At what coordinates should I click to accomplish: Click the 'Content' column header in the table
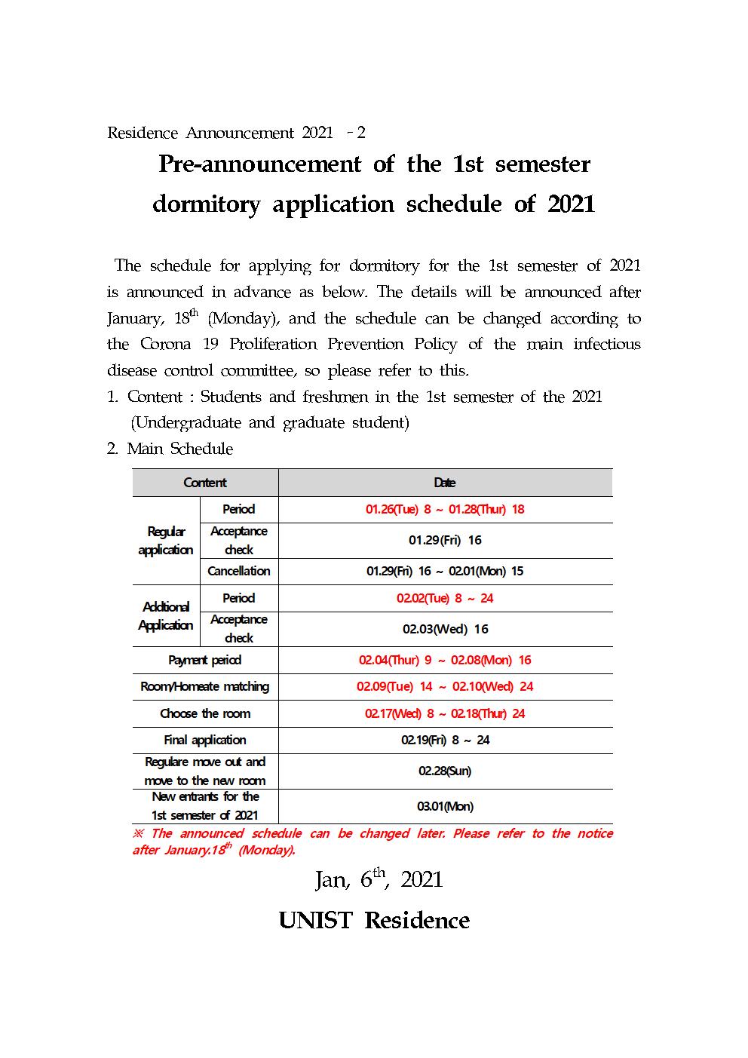(205, 483)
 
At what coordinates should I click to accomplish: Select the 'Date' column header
(445, 483)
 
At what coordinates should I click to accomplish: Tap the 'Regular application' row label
(166, 541)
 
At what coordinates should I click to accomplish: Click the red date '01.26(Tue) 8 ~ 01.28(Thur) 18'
(445, 509)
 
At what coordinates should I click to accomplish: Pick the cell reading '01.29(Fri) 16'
(445, 540)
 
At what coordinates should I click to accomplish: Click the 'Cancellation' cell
(239, 571)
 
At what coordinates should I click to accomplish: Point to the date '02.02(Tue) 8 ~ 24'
(445, 598)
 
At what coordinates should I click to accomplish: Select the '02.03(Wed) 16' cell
(445, 629)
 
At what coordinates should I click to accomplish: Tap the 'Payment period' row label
(205, 660)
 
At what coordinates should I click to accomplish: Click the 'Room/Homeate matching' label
(205, 686)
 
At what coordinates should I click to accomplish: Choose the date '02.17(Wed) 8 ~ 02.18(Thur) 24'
(445, 713)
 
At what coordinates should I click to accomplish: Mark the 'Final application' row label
(205, 740)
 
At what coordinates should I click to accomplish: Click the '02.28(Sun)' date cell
(445, 771)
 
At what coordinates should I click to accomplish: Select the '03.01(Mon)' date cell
(445, 806)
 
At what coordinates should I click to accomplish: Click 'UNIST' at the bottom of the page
(315, 920)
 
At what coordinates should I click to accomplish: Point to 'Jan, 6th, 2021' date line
(379, 879)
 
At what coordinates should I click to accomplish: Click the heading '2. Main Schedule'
(170, 449)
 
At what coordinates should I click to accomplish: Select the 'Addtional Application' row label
(166, 615)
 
